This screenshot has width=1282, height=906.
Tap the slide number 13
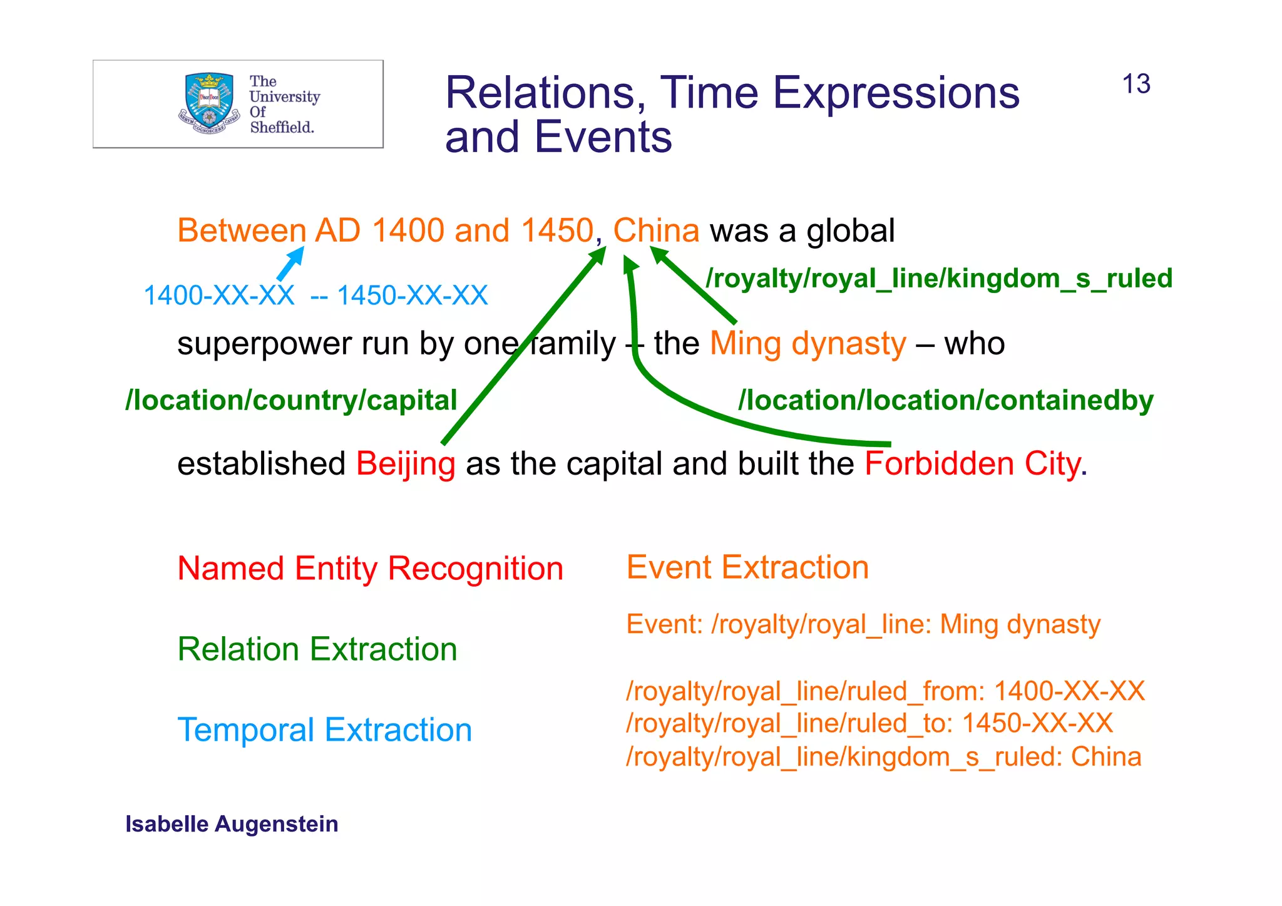[1136, 85]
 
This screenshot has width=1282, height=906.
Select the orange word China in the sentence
[655, 230]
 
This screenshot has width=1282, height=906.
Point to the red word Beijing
[405, 465]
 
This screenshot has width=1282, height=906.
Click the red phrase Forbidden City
[972, 464]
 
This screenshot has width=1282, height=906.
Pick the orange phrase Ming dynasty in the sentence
[808, 344]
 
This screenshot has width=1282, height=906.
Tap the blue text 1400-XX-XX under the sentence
[218, 296]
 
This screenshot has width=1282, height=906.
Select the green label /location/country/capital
[291, 401]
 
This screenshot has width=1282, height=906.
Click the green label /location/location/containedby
[945, 401]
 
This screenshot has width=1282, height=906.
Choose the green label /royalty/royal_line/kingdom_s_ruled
[938, 279]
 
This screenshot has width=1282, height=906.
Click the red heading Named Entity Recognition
[370, 569]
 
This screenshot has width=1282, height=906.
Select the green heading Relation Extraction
[317, 649]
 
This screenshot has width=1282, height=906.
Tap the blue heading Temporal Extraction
[324, 730]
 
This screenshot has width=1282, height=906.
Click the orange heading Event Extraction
[747, 567]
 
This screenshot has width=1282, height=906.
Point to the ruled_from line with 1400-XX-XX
[885, 691]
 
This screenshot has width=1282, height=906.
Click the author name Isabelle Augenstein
[232, 824]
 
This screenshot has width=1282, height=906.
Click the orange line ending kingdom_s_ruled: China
[883, 757]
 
